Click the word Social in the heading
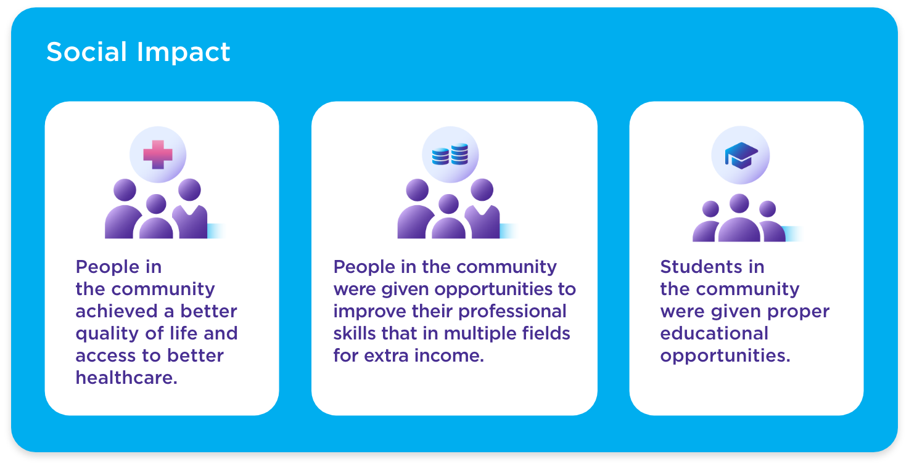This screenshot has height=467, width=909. [86, 52]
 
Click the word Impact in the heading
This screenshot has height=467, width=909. [183, 53]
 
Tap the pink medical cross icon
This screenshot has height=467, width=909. [158, 155]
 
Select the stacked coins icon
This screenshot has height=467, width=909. [450, 154]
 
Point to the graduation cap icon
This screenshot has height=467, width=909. [741, 155]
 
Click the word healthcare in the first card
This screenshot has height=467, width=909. [126, 378]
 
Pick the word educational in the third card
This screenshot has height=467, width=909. [714, 333]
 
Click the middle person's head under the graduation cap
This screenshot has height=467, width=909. [739, 203]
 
